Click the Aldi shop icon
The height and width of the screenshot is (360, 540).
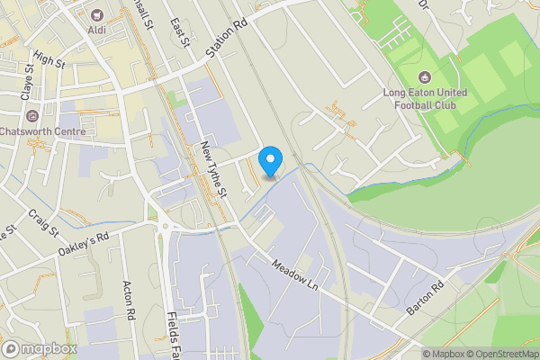point(94,14)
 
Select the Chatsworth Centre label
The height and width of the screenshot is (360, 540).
point(44,132)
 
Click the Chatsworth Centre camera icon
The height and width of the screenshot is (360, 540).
point(32,116)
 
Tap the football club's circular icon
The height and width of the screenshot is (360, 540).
point(426,76)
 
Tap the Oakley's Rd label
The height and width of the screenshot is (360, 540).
point(82,241)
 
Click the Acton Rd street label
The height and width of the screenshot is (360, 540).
point(128,300)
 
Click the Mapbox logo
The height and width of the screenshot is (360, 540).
point(40,348)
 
